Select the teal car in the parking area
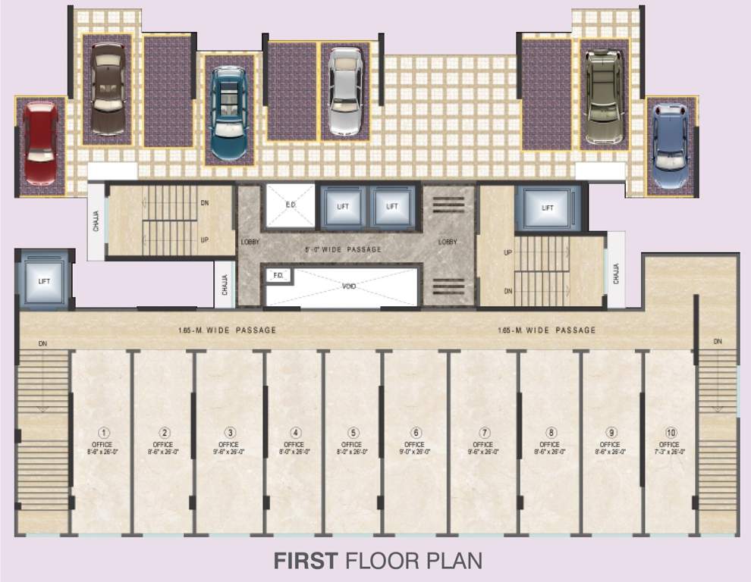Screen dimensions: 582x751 [x=228, y=114]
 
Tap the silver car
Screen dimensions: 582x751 [x=345, y=92]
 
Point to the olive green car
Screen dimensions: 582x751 [x=604, y=96]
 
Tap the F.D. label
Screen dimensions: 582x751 [x=278, y=276]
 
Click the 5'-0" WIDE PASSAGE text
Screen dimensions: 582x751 [x=343, y=249]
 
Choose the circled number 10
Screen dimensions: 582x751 [x=668, y=433]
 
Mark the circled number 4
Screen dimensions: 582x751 [x=296, y=433]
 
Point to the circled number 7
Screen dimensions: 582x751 [x=482, y=433]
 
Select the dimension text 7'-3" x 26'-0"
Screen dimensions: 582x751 [x=668, y=452]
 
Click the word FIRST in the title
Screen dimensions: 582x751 [x=305, y=562]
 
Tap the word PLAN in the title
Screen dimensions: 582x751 [x=454, y=562]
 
